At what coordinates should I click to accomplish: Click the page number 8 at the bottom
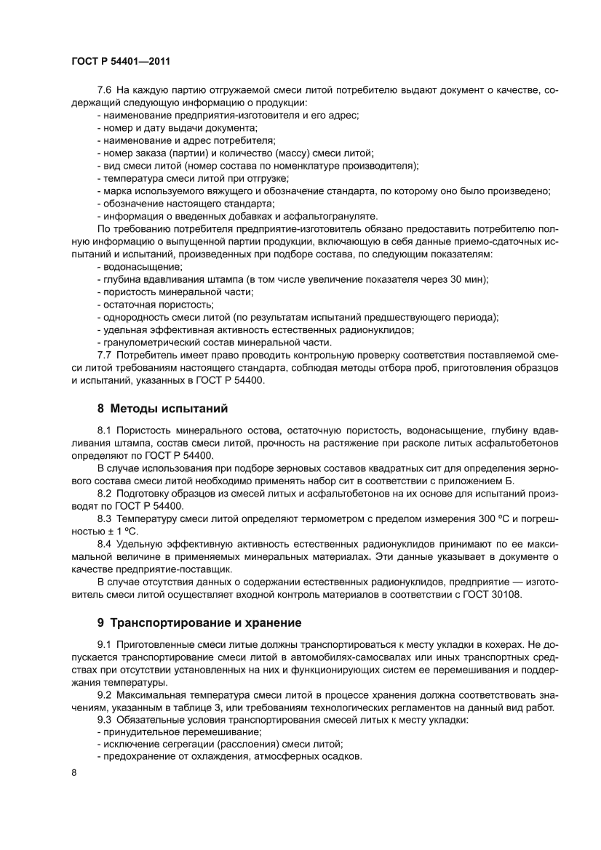pyautogui.click(x=74, y=792)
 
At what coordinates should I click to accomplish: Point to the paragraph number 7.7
pyautogui.click(x=104, y=355)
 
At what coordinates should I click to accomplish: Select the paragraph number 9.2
pyautogui.click(x=104, y=695)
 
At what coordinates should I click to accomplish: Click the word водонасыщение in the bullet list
pyautogui.click(x=132, y=267)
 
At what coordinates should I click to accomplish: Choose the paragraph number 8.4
pyautogui.click(x=104, y=543)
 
